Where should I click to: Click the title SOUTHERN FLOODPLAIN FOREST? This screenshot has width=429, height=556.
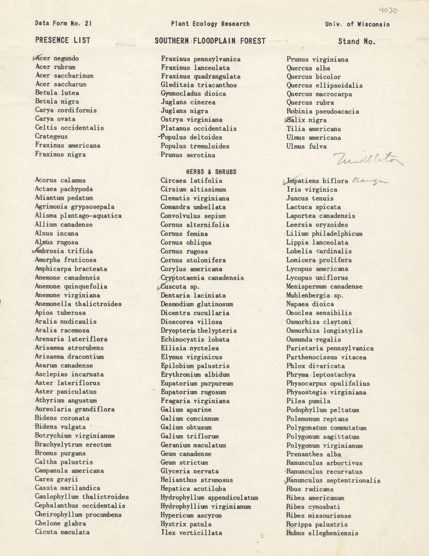(x=210, y=41)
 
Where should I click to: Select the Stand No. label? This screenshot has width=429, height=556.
(x=357, y=42)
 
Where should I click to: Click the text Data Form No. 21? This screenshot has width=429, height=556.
(x=63, y=24)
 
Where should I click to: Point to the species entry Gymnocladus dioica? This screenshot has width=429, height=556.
(x=193, y=94)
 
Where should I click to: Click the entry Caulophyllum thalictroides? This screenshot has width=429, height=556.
(x=82, y=497)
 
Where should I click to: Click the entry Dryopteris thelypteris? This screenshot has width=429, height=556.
(x=198, y=331)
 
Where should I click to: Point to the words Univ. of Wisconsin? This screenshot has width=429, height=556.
(x=357, y=24)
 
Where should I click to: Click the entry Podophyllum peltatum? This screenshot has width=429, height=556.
(x=323, y=410)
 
